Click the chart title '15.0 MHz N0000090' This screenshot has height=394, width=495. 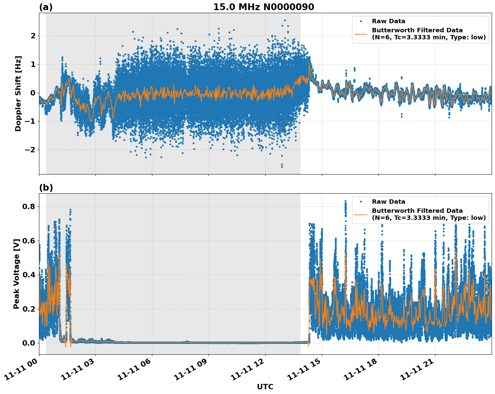(x=263, y=7)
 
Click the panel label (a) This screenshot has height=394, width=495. (x=46, y=7)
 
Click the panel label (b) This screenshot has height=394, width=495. (x=46, y=188)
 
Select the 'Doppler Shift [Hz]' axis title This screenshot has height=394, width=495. (x=18, y=93)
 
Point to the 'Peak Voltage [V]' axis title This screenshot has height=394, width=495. (x=16, y=274)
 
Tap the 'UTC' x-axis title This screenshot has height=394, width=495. (x=265, y=387)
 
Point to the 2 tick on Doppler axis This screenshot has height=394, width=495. (x=33, y=36)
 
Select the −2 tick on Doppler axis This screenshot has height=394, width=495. (x=30, y=150)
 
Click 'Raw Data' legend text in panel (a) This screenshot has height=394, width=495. (x=388, y=21)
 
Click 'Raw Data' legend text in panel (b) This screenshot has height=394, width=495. (x=388, y=202)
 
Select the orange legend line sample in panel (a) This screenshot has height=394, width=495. (x=360, y=34)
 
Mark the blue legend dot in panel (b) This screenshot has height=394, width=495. (x=360, y=202)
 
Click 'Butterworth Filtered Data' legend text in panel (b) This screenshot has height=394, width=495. (x=417, y=211)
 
